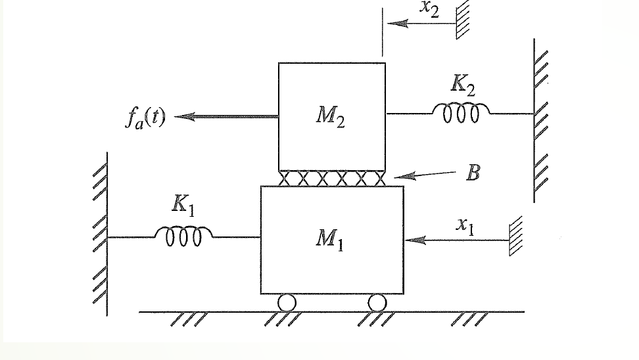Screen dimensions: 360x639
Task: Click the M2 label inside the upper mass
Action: pyautogui.click(x=331, y=118)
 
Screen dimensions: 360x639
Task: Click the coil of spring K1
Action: pyautogui.click(x=183, y=235)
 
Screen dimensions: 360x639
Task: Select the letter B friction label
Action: pyautogui.click(x=471, y=173)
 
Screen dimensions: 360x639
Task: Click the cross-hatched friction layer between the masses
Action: pyautogui.click(x=332, y=178)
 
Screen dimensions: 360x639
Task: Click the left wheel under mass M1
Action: pyautogui.click(x=287, y=302)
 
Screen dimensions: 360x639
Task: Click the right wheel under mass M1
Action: pyautogui.click(x=377, y=302)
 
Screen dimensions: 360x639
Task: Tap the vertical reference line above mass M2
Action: pyautogui.click(x=382, y=33)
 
